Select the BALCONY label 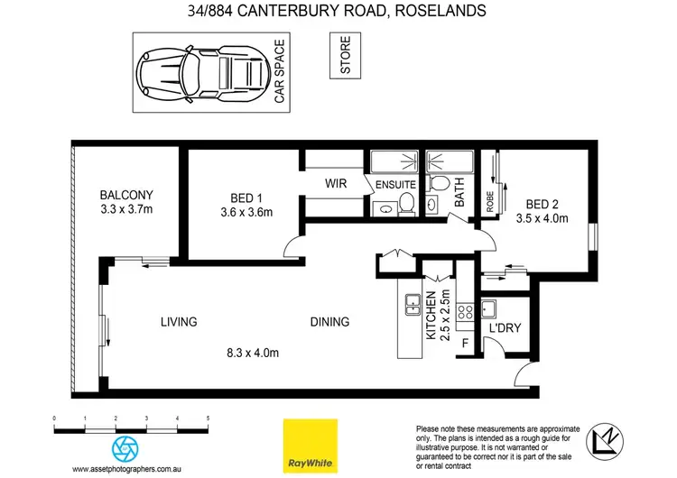[126, 202]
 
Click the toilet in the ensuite [406, 204]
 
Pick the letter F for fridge [466, 344]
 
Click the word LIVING [179, 321]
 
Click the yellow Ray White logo [307, 445]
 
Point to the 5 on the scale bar [208, 419]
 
